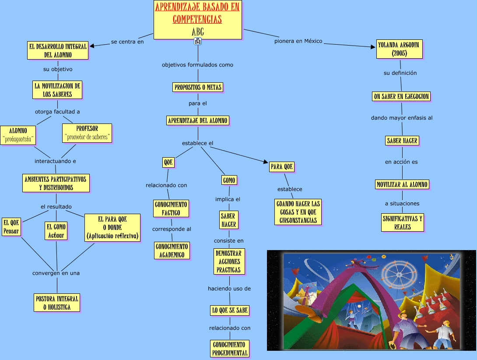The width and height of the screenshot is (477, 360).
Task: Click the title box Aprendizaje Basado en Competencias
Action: pyautogui.click(x=197, y=19)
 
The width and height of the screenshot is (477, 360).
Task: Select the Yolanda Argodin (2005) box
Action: pyautogui.click(x=400, y=49)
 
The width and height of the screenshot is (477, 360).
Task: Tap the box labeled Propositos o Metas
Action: pyautogui.click(x=198, y=87)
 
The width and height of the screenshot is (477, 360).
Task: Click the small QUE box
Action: pyautogui.click(x=168, y=162)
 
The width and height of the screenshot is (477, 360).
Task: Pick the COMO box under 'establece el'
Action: pyautogui.click(x=229, y=180)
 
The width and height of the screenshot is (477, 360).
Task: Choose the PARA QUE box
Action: pyautogui.click(x=282, y=167)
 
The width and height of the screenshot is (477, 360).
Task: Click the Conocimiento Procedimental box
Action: pyautogui.click(x=230, y=349)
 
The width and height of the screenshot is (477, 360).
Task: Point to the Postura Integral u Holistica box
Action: pyautogui.click(x=57, y=303)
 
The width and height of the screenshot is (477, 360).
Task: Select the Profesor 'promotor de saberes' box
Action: pyautogui.click(x=87, y=133)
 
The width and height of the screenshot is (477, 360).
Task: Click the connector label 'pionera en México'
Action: pyautogui.click(x=298, y=41)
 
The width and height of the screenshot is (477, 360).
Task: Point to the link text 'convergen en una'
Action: pyautogui.click(x=56, y=273)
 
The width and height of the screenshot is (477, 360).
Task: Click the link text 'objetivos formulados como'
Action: pyautogui.click(x=197, y=65)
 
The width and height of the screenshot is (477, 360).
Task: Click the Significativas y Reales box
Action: pyautogui.click(x=402, y=222)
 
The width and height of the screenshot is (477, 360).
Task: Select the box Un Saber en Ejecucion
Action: pyautogui.click(x=401, y=96)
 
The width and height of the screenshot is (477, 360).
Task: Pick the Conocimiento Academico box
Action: pyautogui.click(x=172, y=250)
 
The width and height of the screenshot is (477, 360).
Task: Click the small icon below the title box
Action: pyautogui.click(x=198, y=41)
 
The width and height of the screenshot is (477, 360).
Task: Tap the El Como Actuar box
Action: pyautogui.click(x=56, y=231)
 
